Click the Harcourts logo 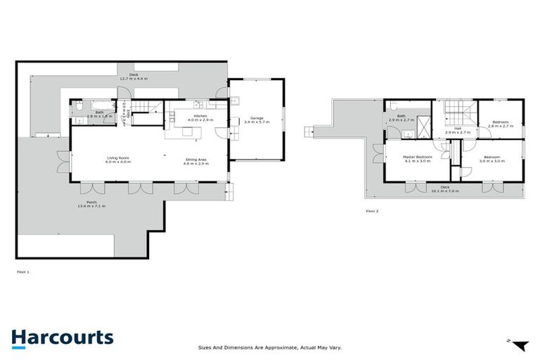(x=62, y=337)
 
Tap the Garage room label (x=254, y=120)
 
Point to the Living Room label (x=117, y=160)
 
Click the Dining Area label (x=196, y=161)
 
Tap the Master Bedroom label (x=418, y=159)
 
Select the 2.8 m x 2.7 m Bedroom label (x=501, y=124)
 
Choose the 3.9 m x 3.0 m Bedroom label (x=491, y=159)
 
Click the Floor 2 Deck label (x=444, y=188)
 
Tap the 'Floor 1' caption (x=22, y=271)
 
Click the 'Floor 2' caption (x=372, y=210)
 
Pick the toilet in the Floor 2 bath (x=392, y=108)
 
